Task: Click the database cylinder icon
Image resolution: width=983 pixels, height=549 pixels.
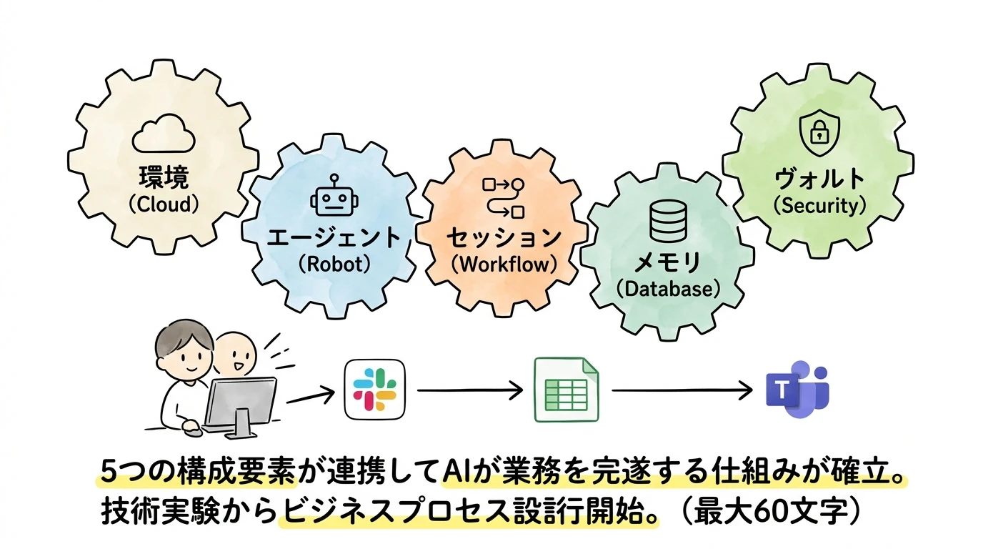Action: pyautogui.click(x=667, y=221)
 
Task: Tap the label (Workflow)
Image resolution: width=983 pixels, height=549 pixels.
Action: pyautogui.click(x=504, y=263)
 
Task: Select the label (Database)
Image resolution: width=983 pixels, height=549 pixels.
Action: pyautogui.click(x=667, y=290)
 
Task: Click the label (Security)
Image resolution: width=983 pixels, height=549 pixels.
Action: pyautogui.click(x=819, y=206)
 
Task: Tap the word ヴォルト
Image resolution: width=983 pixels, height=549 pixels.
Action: pyautogui.click(x=819, y=178)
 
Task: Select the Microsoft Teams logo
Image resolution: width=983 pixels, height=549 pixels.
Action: pyautogui.click(x=797, y=389)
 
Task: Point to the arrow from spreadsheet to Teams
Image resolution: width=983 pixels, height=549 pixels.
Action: pyautogui.click(x=682, y=390)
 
